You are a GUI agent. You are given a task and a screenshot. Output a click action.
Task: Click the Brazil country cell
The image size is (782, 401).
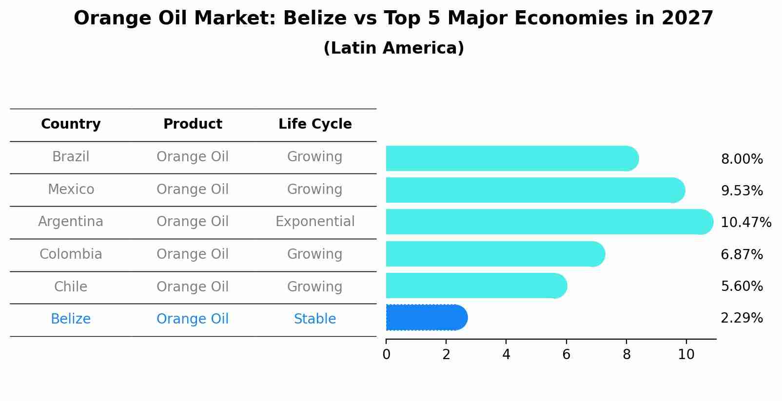(x=71, y=157)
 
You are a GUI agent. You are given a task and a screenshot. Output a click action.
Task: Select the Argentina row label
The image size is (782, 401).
(x=71, y=222)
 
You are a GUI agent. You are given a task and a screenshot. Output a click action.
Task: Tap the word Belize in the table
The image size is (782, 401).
(x=71, y=319)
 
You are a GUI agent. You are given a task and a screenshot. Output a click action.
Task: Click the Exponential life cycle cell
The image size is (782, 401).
(x=315, y=222)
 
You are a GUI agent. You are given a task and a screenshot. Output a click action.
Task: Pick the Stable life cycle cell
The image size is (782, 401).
(x=315, y=319)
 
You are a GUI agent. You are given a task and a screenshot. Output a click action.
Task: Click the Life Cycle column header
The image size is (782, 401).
(x=315, y=124)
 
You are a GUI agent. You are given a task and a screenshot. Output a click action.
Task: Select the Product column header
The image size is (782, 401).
(x=193, y=124)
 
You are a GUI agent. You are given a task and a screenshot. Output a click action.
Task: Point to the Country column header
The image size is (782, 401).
(x=71, y=124)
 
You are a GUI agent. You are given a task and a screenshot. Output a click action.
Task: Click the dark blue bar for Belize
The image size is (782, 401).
(x=424, y=318)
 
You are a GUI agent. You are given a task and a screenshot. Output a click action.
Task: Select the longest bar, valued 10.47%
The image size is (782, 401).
(x=546, y=222)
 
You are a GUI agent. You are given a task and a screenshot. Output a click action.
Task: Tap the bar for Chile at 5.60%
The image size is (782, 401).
(x=473, y=286)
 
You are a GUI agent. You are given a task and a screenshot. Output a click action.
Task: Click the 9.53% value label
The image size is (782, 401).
(x=742, y=191)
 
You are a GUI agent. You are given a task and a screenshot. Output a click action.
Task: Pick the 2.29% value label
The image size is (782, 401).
(x=742, y=318)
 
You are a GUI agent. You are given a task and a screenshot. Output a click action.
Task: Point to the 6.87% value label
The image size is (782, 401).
(x=742, y=255)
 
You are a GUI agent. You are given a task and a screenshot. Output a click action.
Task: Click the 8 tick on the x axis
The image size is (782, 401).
(x=626, y=355)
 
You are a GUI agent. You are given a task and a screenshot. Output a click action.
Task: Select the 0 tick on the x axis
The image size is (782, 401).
(x=387, y=355)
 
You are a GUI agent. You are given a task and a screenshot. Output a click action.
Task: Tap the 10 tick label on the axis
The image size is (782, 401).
(x=686, y=355)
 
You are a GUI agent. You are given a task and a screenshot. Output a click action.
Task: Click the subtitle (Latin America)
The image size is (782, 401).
(x=393, y=48)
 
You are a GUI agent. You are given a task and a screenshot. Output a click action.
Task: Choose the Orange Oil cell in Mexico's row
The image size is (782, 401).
(x=193, y=190)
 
